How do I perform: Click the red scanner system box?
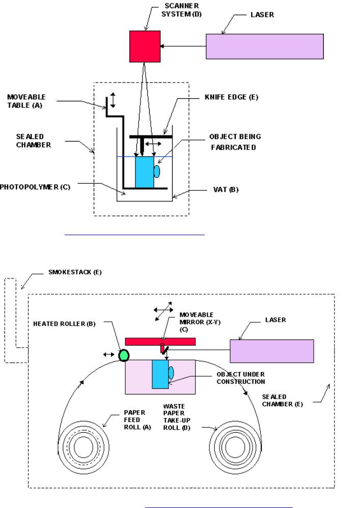coord(145,46)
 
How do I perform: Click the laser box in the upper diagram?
coord(265,46)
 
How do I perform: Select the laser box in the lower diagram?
coord(272,351)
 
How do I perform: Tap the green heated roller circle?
coord(123,355)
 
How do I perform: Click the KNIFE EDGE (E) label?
coord(231,97)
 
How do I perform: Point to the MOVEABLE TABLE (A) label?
coord(26,101)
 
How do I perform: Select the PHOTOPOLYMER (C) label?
coord(35,187)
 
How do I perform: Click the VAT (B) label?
coord(226,189)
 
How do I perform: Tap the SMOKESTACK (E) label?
coord(75,272)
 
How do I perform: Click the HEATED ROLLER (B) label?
coord(64,324)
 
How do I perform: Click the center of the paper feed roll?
coord(84,447)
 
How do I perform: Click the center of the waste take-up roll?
coord(235,447)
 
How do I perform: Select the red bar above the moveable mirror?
coord(160,342)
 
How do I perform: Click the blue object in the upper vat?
coord(145,172)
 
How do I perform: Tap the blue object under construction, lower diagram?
coord(160,374)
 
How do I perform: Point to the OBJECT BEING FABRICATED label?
coord(235,142)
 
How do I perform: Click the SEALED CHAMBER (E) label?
coord(282,401)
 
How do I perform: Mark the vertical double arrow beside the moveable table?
coord(113,100)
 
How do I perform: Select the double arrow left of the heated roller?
coord(108,354)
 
